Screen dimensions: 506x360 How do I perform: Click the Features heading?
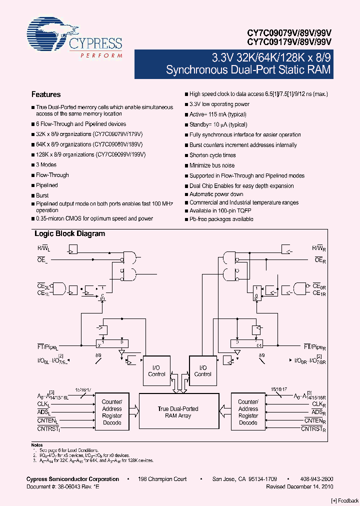pyautogui.click(x=46, y=94)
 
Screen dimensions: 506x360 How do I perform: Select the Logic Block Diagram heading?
pyautogui.click(x=69, y=233)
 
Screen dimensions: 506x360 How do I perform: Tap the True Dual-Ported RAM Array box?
pyautogui.click(x=178, y=412)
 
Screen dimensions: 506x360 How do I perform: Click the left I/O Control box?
pyautogui.click(x=156, y=370)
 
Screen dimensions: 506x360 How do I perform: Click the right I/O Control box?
pyautogui.click(x=202, y=370)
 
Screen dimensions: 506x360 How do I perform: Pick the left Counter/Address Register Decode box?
pyautogui.click(x=112, y=412)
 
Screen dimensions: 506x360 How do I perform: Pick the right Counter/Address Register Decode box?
pyautogui.click(x=248, y=412)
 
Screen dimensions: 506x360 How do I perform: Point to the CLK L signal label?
pyautogui.click(x=43, y=404)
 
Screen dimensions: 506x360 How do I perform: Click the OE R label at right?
pyautogui.click(x=320, y=260)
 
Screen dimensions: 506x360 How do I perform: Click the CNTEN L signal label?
pyautogui.click(x=47, y=421)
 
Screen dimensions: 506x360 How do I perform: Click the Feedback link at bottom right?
pyautogui.click(x=345, y=500)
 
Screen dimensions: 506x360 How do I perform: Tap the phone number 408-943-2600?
pyautogui.click(x=315, y=479)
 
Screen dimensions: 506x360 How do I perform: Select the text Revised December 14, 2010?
pyautogui.click(x=299, y=486)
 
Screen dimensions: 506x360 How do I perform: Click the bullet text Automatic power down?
pyautogui.click(x=216, y=194)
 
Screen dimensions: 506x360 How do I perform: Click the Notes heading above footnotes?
pyautogui.click(x=37, y=445)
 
